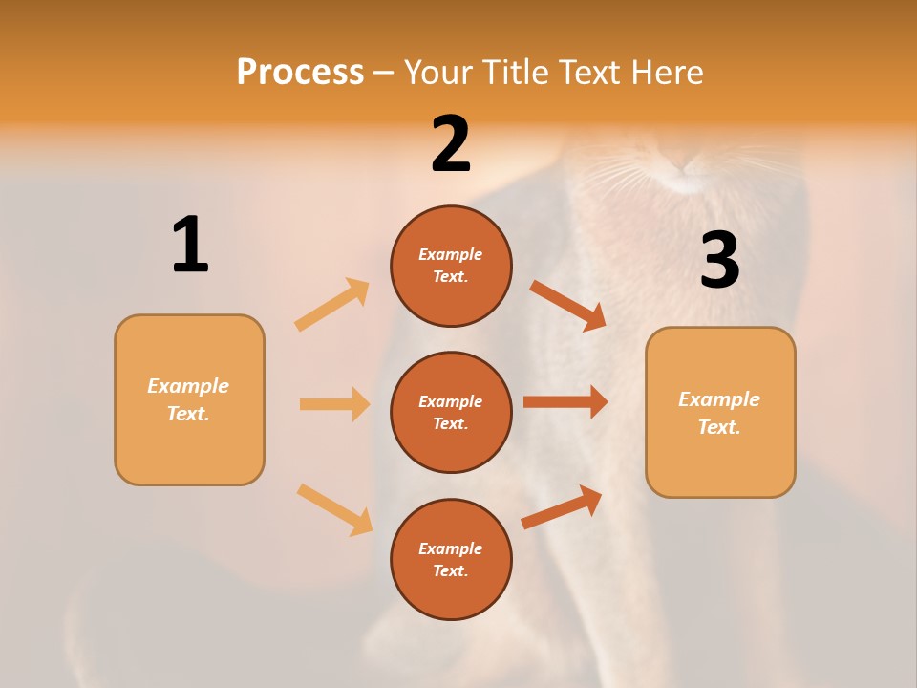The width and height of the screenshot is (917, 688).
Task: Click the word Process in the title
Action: (300, 72)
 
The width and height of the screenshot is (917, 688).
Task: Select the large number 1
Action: (190, 245)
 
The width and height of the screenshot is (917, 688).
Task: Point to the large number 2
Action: (451, 144)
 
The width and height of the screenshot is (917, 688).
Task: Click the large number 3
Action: (719, 261)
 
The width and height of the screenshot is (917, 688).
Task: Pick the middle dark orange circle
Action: (451, 412)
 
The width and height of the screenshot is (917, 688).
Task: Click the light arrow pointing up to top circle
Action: (332, 305)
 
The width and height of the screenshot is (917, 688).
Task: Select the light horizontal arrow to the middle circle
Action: (334, 404)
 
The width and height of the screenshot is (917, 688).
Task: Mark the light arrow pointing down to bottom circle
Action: (334, 508)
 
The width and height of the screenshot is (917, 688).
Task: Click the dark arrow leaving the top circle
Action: (568, 305)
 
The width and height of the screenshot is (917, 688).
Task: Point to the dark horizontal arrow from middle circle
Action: (565, 401)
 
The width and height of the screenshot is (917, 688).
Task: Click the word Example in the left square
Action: (188, 386)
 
